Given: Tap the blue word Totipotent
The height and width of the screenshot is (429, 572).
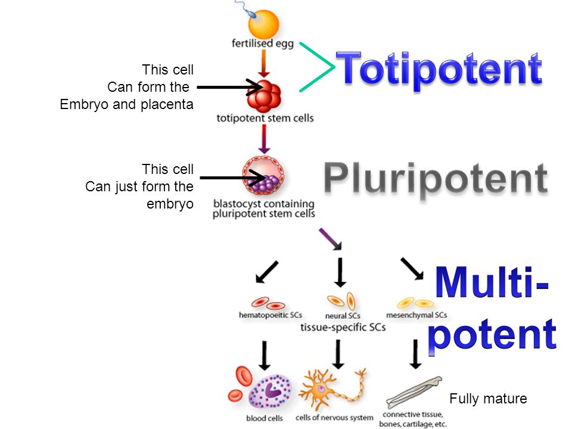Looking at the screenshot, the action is click(x=439, y=69).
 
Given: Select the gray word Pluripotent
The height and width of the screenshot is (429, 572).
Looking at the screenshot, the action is click(x=436, y=178).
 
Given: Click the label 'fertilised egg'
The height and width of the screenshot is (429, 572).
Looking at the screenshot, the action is click(x=263, y=43).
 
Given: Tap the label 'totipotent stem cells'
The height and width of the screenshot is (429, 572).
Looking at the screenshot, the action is click(x=265, y=118).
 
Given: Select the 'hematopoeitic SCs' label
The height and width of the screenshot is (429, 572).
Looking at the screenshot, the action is click(x=271, y=315).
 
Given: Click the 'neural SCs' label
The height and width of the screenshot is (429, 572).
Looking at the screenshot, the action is click(x=343, y=316).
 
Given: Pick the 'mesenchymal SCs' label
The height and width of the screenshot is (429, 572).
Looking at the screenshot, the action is click(x=416, y=315).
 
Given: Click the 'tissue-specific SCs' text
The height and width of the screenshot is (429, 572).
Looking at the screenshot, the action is click(x=343, y=327).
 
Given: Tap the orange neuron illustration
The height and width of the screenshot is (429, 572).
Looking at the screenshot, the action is click(x=331, y=389).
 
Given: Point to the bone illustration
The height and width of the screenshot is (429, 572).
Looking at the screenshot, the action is click(x=414, y=392).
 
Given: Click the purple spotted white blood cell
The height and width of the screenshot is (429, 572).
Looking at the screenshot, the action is click(x=270, y=392).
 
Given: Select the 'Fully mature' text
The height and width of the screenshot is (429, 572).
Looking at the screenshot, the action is click(x=488, y=399).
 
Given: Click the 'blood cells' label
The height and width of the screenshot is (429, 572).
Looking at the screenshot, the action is click(x=265, y=418).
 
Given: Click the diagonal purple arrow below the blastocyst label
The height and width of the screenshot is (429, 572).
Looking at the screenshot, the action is click(x=331, y=239).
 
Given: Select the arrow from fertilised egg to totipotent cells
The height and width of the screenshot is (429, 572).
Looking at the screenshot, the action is click(x=264, y=64).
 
